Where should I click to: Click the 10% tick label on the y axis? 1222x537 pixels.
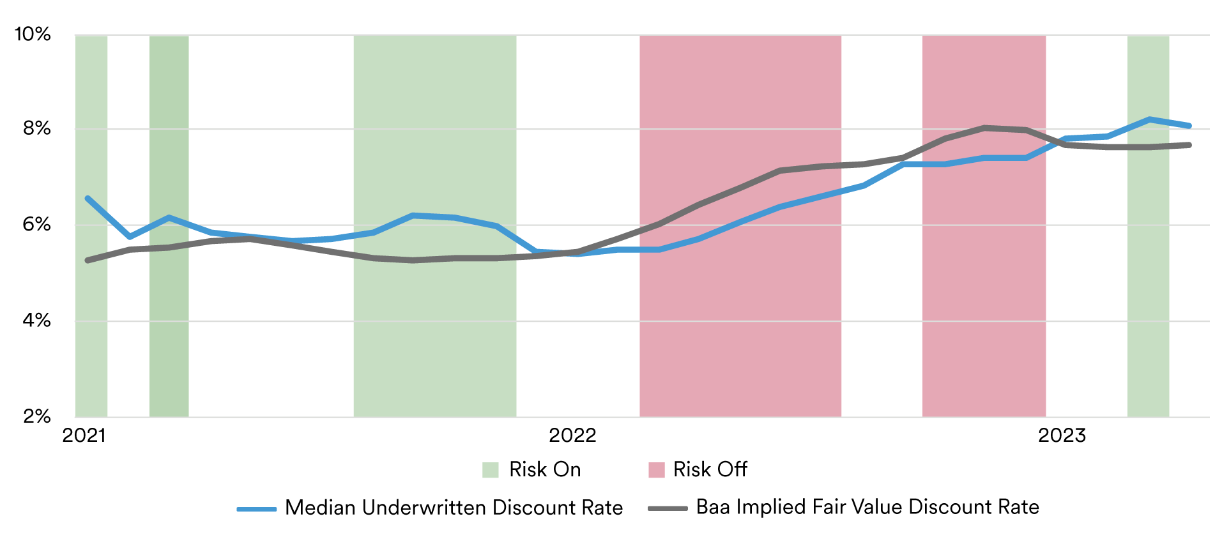coord(33,34)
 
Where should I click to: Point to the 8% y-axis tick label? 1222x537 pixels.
coord(36,129)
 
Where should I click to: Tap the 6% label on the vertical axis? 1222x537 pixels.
coord(36,225)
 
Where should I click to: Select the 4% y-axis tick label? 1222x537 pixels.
coord(36,321)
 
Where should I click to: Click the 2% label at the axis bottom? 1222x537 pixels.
coord(36,417)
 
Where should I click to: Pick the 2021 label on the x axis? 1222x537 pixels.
coord(84,435)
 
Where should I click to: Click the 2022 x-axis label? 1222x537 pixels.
coord(572,435)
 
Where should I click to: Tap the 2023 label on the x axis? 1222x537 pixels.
coord(1062,435)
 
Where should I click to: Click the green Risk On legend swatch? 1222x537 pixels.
coord(490,470)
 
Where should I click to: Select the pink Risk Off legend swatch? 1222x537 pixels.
coord(656,470)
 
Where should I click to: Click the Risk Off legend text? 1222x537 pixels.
coord(710,469)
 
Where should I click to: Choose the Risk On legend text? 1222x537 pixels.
coord(545,469)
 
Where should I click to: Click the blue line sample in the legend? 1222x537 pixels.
coord(256,509)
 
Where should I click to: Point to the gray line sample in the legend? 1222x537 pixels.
coord(668,509)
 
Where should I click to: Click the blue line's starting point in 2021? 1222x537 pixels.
coord(88,199)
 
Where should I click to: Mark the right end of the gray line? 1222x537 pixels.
coord(1189,145)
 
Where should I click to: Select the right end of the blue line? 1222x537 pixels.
coord(1189,126)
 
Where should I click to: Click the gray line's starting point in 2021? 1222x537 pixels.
coord(88,261)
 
